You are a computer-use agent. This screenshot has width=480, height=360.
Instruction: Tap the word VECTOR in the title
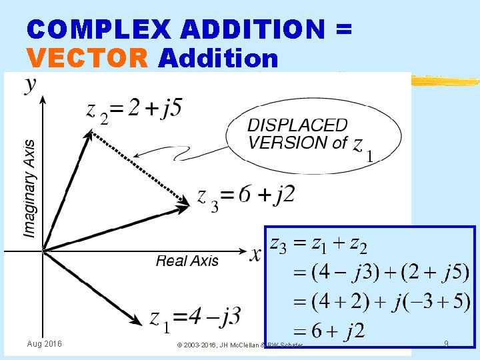point(87,59)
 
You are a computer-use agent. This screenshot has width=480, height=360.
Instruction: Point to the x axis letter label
point(255,255)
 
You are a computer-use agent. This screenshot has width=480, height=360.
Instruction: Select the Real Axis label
point(187,261)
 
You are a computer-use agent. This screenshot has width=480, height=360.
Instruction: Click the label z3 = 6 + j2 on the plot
point(245,196)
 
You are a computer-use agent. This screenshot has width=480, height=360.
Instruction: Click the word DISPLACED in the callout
point(297,125)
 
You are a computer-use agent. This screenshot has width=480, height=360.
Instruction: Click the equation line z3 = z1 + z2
point(317,245)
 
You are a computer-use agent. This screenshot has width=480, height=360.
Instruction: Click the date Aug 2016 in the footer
point(44,343)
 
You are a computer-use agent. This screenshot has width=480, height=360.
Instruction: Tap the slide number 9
point(445,344)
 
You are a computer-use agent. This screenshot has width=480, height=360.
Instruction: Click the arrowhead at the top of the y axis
point(43,100)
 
